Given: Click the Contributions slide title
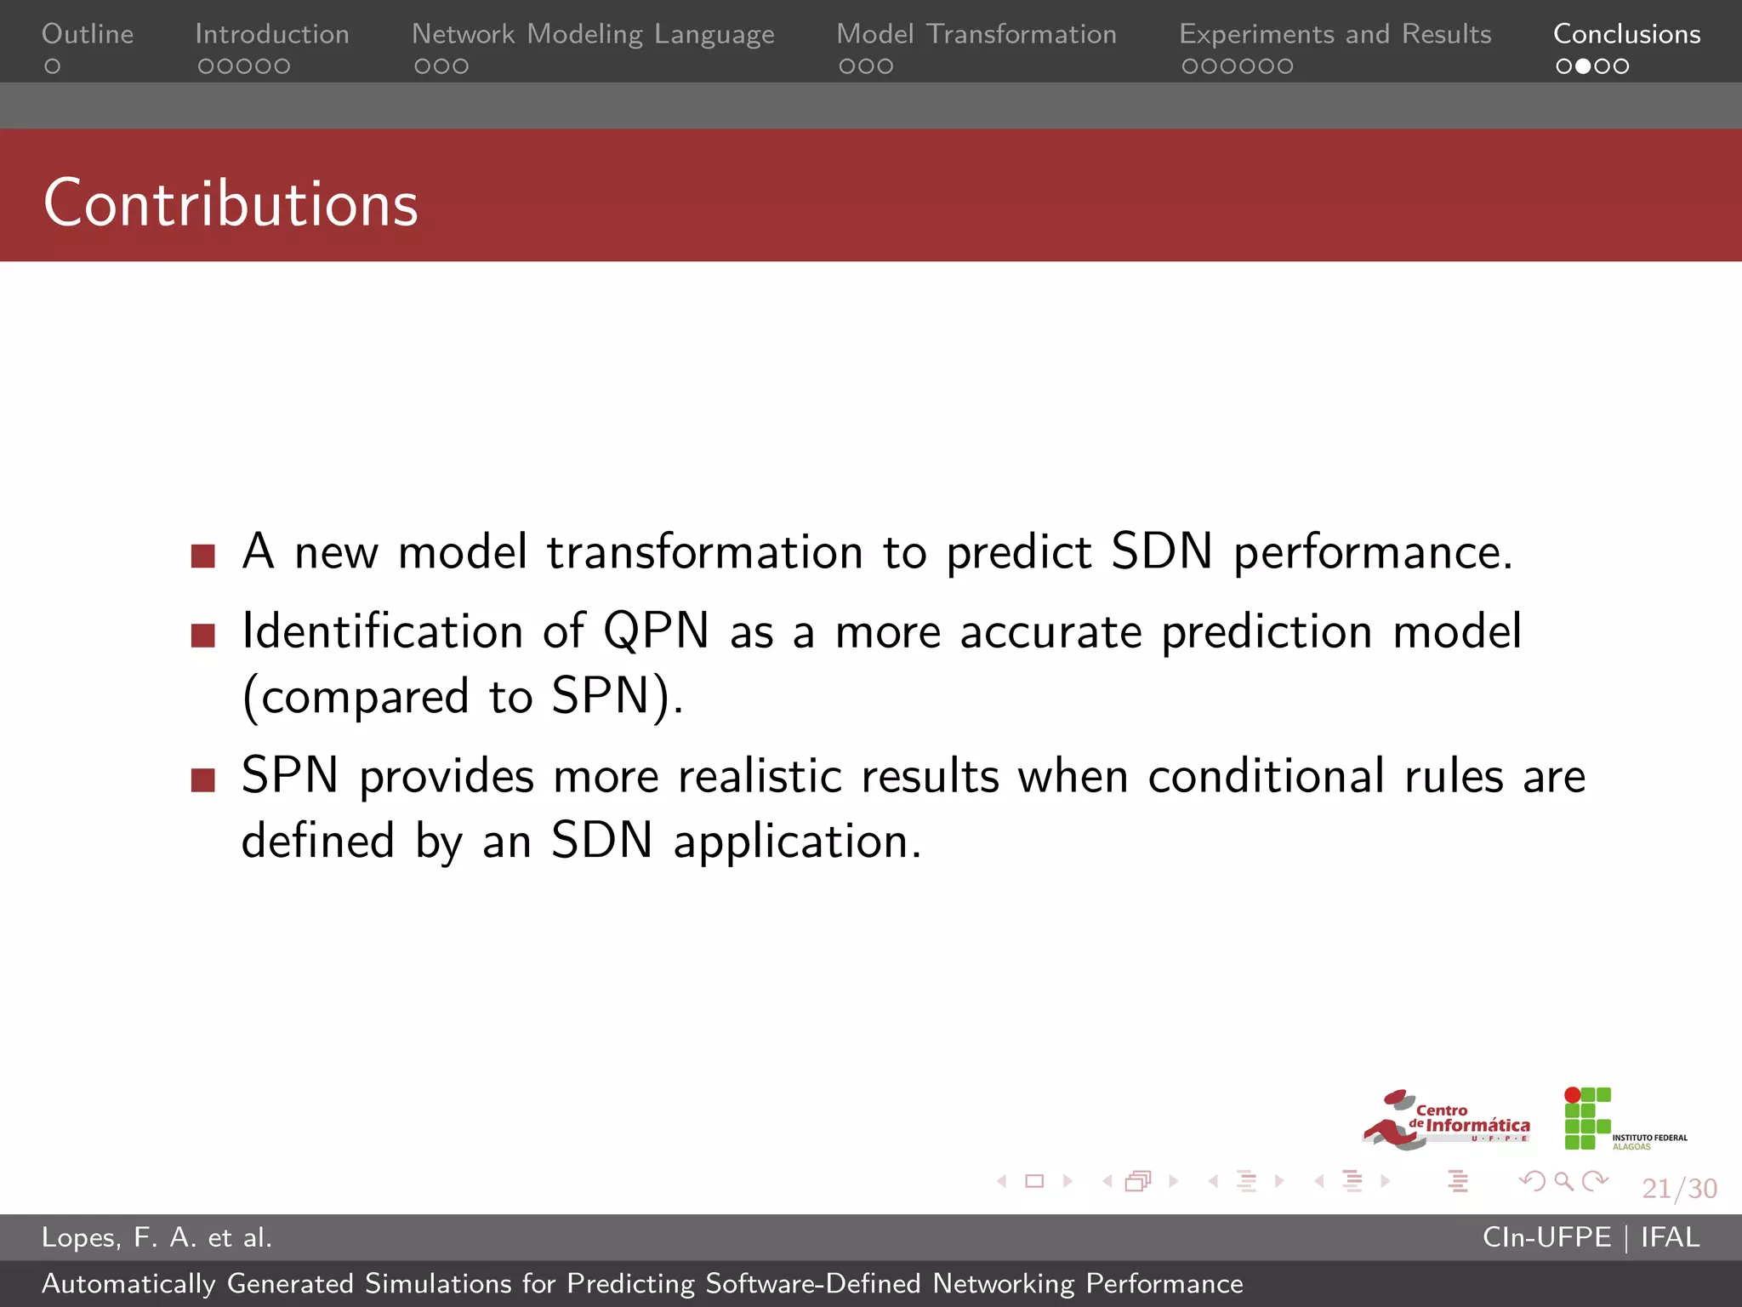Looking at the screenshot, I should point(231,203).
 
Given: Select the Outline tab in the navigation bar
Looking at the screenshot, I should point(88,34).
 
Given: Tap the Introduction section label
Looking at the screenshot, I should point(272,34).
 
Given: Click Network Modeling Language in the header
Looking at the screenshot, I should point(593,34).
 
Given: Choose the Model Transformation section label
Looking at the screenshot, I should point(976,34).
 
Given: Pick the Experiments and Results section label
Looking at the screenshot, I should point(1335,34).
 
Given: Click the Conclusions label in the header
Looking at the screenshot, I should point(1626,34).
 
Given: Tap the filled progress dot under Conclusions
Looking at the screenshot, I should point(1583,66).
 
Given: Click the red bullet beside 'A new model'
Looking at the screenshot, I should point(203,556).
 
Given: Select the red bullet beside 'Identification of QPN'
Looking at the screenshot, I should point(203,636).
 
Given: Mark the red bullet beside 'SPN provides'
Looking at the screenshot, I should point(203,780).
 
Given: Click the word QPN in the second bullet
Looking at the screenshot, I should point(656,632).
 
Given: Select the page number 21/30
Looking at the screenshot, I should point(1679,1188).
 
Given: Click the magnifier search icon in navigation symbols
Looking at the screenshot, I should point(1563,1181).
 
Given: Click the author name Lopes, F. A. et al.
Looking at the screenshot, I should point(157,1237).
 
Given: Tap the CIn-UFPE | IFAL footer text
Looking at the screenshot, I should point(1591,1237).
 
